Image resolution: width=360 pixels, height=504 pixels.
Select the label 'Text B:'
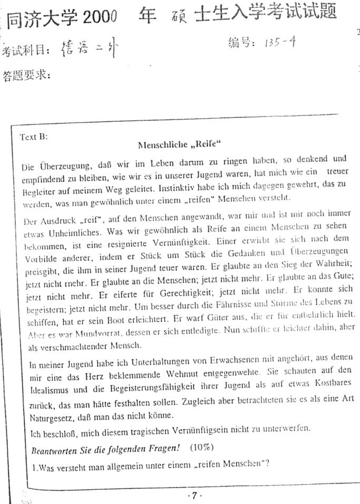coord(34,137)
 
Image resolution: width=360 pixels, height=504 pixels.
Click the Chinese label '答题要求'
coord(26,75)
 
